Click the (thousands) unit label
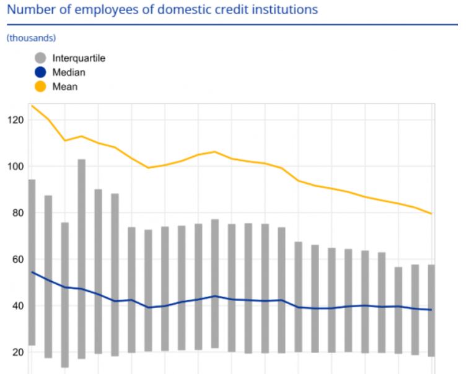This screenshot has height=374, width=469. (31, 38)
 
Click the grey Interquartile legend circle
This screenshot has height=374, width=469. (41, 58)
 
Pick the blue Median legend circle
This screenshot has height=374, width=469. (41, 72)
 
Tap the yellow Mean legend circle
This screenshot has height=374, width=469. (41, 87)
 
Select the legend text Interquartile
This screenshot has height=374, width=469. (79, 58)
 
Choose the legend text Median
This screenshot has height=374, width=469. (69, 72)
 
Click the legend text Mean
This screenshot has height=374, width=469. (65, 87)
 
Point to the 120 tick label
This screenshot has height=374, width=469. (15, 120)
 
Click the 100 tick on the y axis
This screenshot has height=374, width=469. (15, 167)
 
